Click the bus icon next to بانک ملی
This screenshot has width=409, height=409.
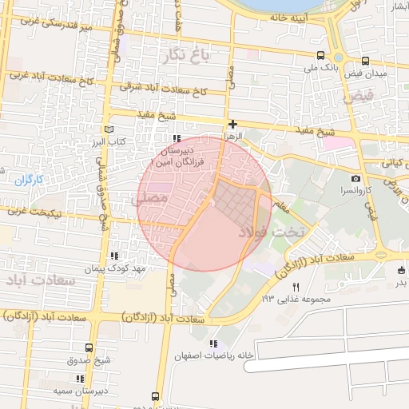[320, 55]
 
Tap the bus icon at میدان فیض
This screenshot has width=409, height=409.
[365, 61]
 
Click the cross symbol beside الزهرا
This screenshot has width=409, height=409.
[232, 124]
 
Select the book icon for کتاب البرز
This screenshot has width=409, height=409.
[109, 129]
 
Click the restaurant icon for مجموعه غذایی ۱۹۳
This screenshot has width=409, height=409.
[296, 287]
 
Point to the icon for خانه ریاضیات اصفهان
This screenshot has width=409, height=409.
[212, 343]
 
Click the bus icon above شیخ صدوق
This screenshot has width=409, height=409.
[89, 347]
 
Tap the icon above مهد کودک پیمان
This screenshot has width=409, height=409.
[115, 256]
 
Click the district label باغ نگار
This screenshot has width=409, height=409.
[185, 55]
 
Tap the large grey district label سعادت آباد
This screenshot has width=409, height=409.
[41, 282]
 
